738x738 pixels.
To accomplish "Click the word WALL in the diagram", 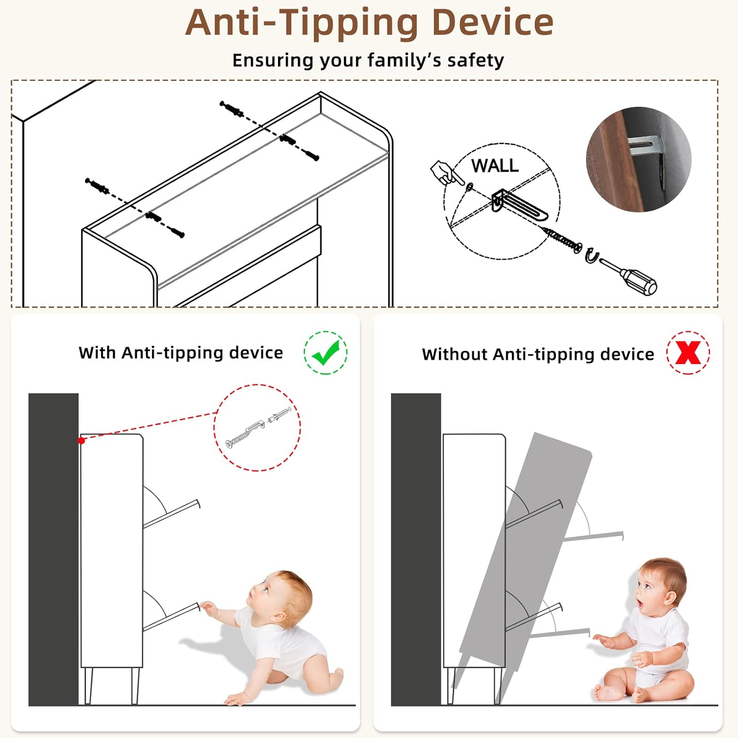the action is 495,165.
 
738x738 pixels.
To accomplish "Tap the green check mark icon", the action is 325,353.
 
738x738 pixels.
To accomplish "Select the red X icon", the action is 688,352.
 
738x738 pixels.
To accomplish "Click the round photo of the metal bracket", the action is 639,159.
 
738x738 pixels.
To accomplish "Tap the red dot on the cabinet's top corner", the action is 82,440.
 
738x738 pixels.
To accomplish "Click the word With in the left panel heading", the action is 97,353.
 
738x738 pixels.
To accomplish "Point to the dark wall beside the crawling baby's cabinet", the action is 54,550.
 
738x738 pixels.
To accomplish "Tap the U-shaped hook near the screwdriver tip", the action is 591,256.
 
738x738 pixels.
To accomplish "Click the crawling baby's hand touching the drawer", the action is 209,608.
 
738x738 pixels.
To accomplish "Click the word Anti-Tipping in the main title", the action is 302,24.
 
